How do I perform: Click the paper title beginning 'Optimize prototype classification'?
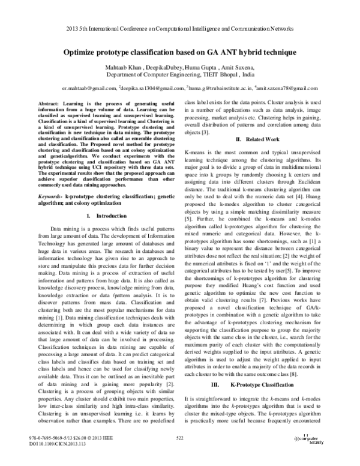pyautogui.click(x=180, y=52)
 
